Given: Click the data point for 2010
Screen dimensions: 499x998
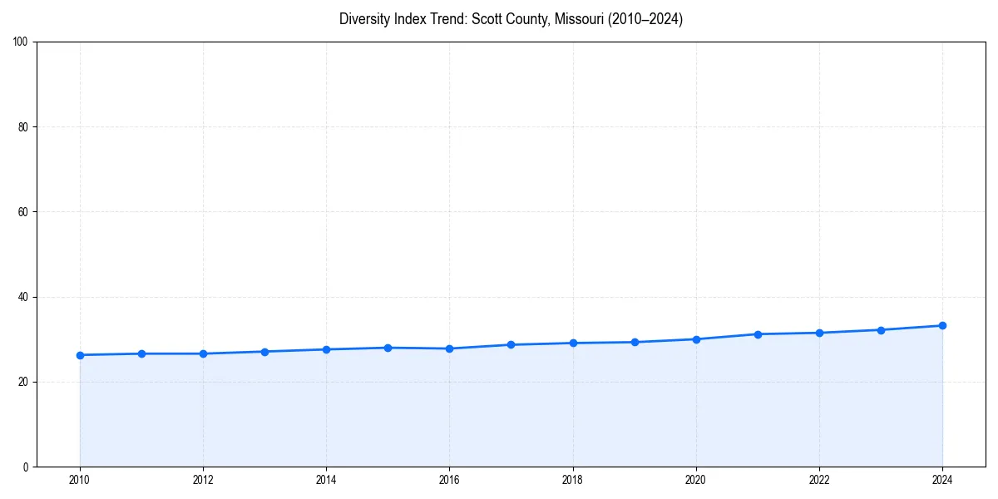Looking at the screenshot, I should point(80,355).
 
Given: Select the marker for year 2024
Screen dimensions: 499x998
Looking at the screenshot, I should point(942,325).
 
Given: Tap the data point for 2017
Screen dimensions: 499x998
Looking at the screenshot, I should point(511,344).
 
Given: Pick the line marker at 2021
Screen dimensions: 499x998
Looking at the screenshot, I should point(758,334).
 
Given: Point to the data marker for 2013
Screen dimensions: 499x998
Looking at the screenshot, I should point(264,352).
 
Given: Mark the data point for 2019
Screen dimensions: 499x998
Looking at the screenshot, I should point(635,342).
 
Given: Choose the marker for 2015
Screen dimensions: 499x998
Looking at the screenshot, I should point(388,348).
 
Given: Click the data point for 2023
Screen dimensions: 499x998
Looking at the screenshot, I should point(881,330).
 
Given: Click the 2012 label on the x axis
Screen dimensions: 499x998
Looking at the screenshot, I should point(203,480).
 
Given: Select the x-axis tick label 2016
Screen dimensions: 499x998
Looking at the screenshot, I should point(449,480).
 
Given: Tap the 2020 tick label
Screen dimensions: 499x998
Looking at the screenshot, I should point(696,480).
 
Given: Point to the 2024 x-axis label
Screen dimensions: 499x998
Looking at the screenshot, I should point(942,480).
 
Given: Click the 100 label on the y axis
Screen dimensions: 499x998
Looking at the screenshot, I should point(21,42).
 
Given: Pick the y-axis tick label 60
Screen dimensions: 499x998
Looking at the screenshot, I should point(23,212).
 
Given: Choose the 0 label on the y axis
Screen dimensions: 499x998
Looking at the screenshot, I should point(26,467).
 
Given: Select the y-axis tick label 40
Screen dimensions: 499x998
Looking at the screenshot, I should point(23,297).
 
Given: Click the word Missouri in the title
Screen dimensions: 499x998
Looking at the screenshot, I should point(581,19).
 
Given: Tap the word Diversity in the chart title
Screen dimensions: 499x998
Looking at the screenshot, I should point(366,19).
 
